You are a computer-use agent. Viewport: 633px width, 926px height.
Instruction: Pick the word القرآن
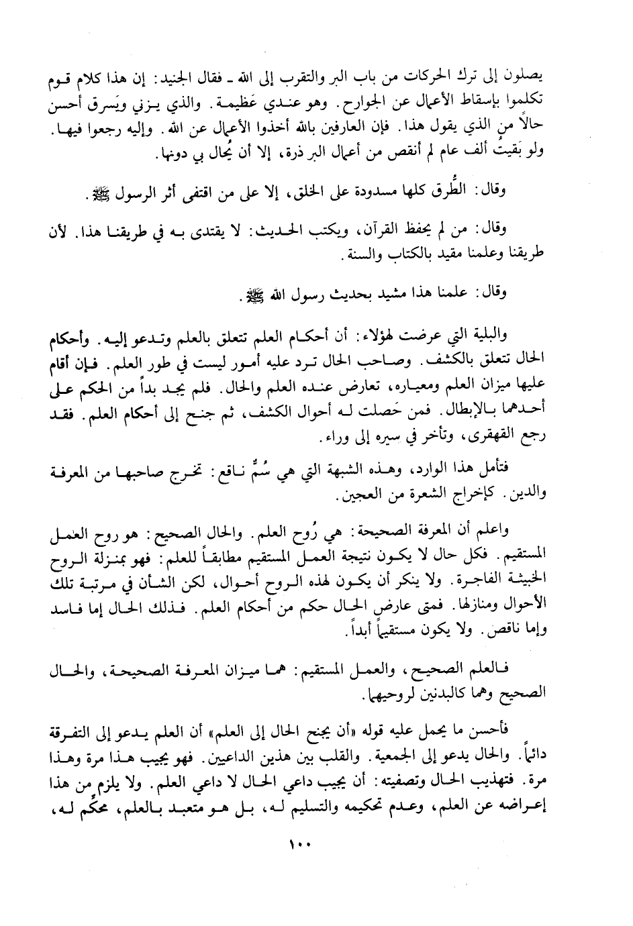(381, 234)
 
